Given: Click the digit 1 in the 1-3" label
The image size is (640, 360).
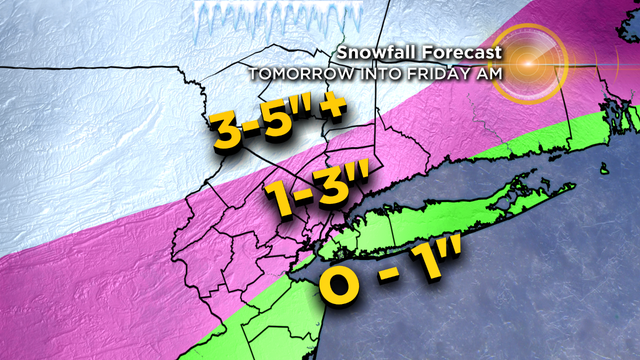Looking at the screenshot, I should [x=281, y=198].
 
